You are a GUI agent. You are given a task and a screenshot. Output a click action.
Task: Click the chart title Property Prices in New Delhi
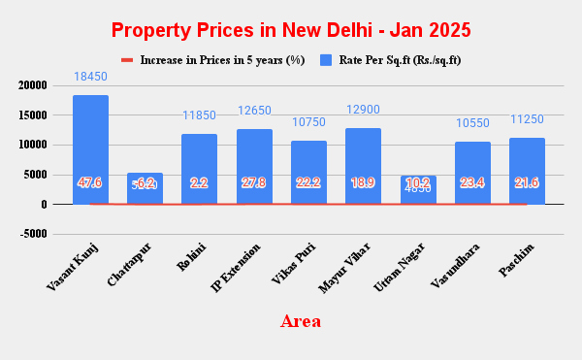pyautogui.click(x=291, y=30)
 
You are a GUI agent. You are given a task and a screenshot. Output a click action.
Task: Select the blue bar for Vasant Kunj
pyautogui.click(x=90, y=149)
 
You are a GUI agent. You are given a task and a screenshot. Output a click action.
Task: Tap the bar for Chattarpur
pyautogui.click(x=145, y=189)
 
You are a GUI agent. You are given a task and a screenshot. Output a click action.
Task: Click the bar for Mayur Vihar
pyautogui.click(x=363, y=166)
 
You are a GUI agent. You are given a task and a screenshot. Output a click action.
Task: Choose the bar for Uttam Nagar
pyautogui.click(x=418, y=190)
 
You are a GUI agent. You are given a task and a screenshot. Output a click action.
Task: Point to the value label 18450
pyautogui.click(x=90, y=76)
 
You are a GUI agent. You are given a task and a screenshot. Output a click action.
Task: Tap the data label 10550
pyautogui.click(x=472, y=123)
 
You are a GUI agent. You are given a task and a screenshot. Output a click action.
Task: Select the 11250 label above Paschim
pyautogui.click(x=527, y=118)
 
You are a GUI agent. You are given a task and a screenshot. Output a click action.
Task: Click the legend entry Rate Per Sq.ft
pyautogui.click(x=399, y=60)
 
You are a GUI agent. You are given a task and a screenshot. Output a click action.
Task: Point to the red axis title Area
pyautogui.click(x=300, y=320)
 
